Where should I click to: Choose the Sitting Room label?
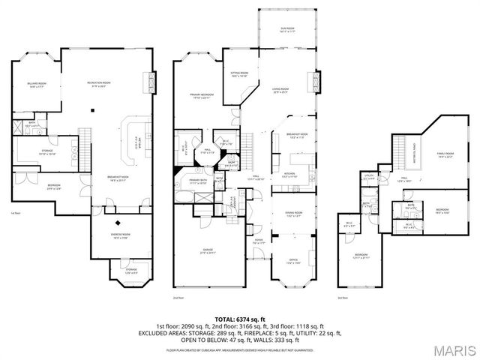tap(238, 74)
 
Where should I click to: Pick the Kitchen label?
tap(289, 174)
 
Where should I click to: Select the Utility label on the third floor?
tap(369, 178)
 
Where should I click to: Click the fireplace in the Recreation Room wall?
tap(154, 80)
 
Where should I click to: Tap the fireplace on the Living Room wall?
tap(315, 81)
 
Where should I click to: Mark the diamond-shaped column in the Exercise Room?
tap(117, 223)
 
